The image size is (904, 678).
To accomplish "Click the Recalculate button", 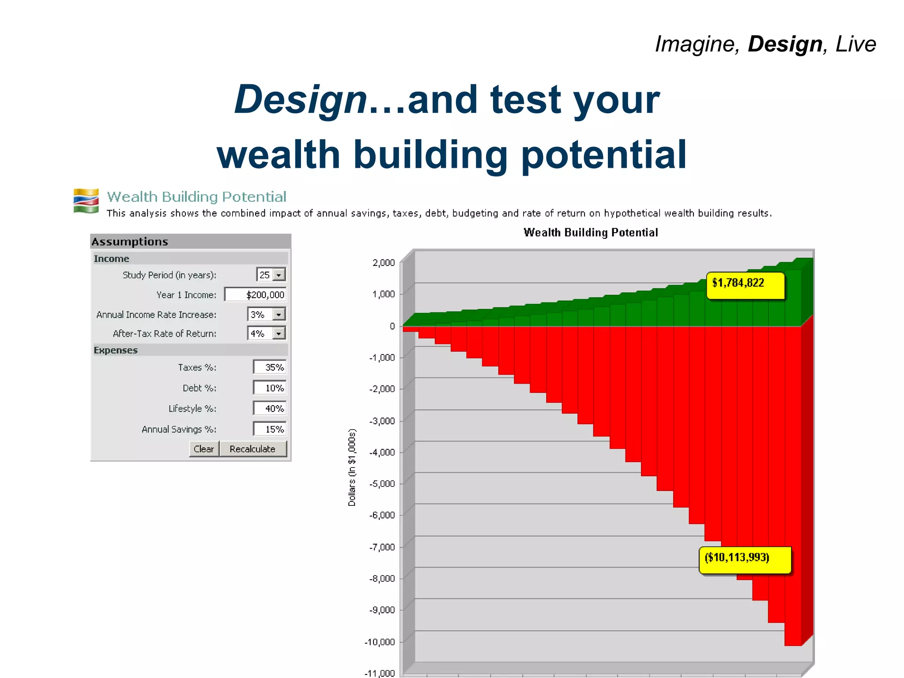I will pyautogui.click(x=253, y=449).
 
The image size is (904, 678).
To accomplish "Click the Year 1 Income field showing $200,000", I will pyautogui.click(x=256, y=294).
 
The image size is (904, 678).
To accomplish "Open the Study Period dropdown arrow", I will pyautogui.click(x=279, y=275).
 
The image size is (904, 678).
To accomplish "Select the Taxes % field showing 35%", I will pyautogui.click(x=270, y=367).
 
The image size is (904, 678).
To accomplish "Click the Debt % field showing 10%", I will pyautogui.click(x=270, y=388).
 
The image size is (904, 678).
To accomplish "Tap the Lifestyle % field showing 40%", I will pyautogui.click(x=270, y=409).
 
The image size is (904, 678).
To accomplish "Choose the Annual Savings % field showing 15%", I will pyautogui.click(x=270, y=429).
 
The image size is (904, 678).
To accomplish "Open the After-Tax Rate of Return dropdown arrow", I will pyautogui.click(x=279, y=333).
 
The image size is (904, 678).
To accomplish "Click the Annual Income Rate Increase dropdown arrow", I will pyautogui.click(x=279, y=314).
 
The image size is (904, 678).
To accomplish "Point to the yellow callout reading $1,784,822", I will pyautogui.click(x=745, y=286).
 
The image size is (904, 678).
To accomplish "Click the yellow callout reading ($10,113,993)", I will pyautogui.click(x=745, y=560).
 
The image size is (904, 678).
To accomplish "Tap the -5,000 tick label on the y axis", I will pyautogui.click(x=382, y=484).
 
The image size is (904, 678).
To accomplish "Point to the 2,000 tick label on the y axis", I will pyautogui.click(x=384, y=263).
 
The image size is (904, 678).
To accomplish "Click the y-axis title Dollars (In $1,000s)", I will pyautogui.click(x=352, y=467).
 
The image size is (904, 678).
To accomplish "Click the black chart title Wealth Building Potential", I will pyautogui.click(x=591, y=233).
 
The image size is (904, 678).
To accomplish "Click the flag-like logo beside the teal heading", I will pyautogui.click(x=86, y=201).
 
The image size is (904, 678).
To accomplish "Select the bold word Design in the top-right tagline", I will pyautogui.click(x=785, y=44).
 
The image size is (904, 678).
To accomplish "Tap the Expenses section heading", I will pyautogui.click(x=116, y=350).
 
